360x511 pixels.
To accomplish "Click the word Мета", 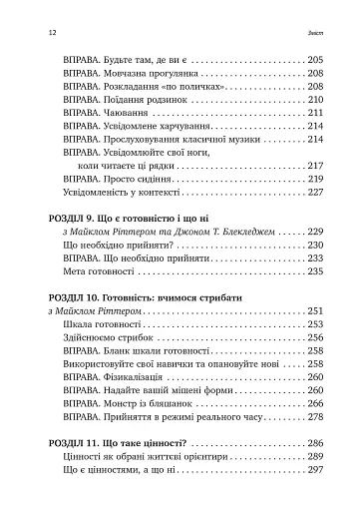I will click(73, 270).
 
